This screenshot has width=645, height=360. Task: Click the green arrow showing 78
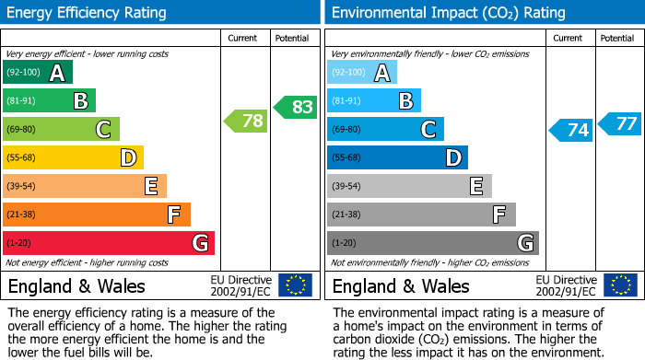pyautogui.click(x=244, y=121)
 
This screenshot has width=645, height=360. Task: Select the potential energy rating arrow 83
pyautogui.click(x=295, y=107)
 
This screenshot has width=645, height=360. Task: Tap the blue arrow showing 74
pyautogui.click(x=570, y=130)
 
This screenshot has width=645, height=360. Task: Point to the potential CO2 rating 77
pyautogui.click(x=619, y=123)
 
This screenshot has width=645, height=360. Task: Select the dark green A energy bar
pyautogui.click(x=38, y=73)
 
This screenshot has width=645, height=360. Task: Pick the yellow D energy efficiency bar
pyautogui.click(x=73, y=157)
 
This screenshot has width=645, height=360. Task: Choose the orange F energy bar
pyautogui.click(x=97, y=215)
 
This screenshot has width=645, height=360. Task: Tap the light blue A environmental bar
pyautogui.click(x=362, y=73)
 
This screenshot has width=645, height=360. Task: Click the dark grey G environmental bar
pyautogui.click(x=432, y=243)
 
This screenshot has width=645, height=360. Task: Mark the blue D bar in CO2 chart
pyautogui.click(x=397, y=157)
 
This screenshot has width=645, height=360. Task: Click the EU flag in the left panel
pyautogui.click(x=295, y=285)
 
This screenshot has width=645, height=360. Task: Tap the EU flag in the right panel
pyautogui.click(x=619, y=285)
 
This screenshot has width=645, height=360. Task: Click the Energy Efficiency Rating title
pyautogui.click(x=88, y=13)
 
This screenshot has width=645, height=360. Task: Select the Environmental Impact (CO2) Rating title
pyautogui.click(x=448, y=13)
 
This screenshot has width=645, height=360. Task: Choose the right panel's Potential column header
pyautogui.click(x=617, y=38)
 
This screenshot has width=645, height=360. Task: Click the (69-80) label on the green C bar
pyautogui.click(x=21, y=129)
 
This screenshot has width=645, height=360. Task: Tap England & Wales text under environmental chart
pyautogui.click(x=401, y=285)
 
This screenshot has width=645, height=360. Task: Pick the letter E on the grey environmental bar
pyautogui.click(x=476, y=186)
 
